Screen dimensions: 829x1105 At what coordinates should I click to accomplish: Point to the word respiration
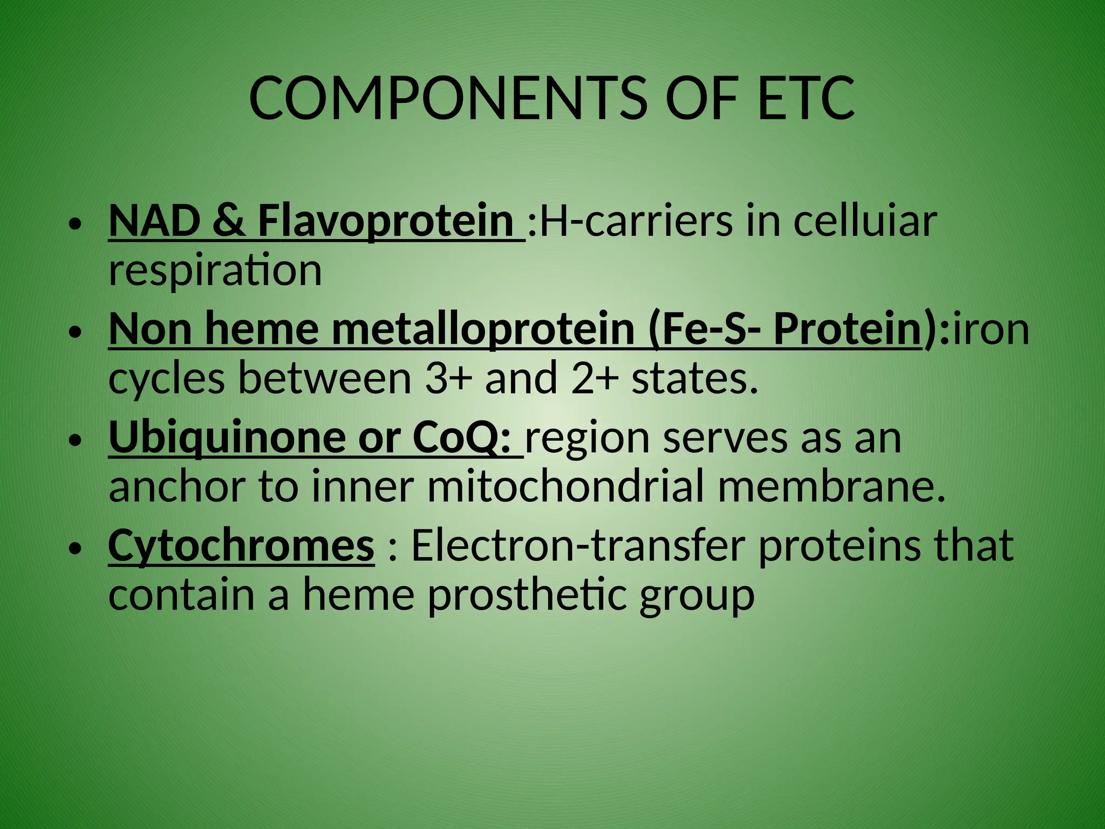pyautogui.click(x=215, y=270)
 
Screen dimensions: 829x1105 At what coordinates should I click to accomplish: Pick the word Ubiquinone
pyautogui.click(x=227, y=437)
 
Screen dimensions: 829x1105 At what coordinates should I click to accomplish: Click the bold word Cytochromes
pyautogui.click(x=241, y=545)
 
